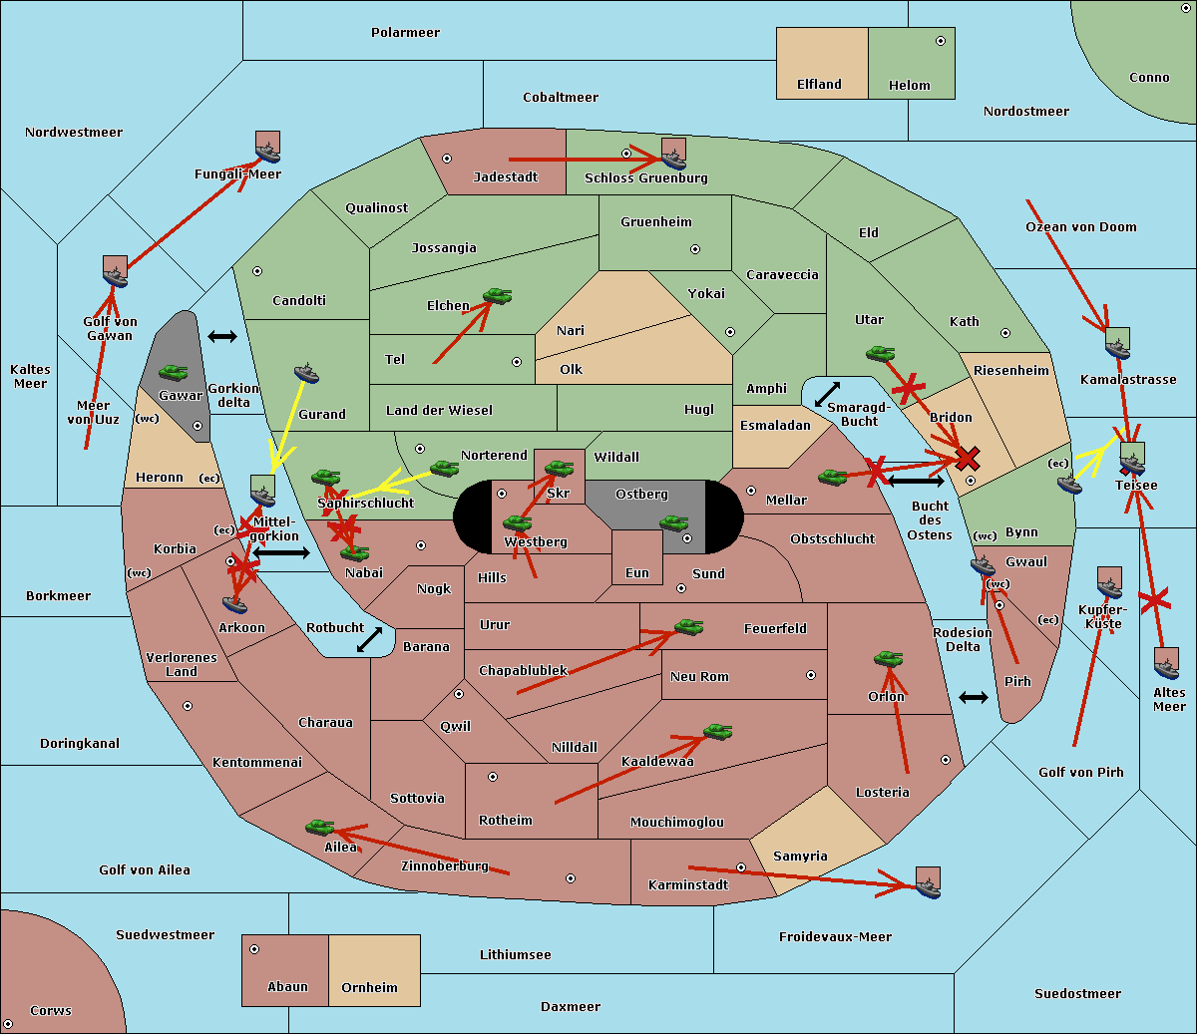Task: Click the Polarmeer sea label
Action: click(405, 33)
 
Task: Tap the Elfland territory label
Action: click(819, 85)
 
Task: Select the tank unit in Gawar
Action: click(174, 373)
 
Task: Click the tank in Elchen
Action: click(497, 296)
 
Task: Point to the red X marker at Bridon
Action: click(967, 459)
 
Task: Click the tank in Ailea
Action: click(319, 827)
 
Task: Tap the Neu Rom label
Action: click(699, 677)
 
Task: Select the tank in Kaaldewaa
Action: click(717, 732)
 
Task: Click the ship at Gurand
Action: click(306, 374)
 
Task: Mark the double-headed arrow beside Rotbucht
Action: click(370, 640)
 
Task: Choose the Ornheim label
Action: click(369, 988)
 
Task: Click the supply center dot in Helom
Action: click(940, 41)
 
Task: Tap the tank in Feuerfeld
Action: click(689, 627)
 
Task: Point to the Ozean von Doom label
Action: click(1081, 227)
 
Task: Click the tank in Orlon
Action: click(888, 659)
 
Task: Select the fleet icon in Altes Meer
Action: click(1166, 663)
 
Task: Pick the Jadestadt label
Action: click(505, 177)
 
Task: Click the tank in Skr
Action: click(559, 467)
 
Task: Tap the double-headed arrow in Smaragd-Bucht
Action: click(827, 395)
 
